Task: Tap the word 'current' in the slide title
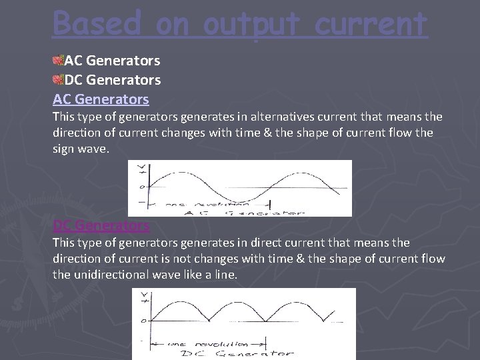click(371, 24)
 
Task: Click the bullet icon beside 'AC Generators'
click(58, 61)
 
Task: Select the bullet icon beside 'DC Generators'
click(58, 80)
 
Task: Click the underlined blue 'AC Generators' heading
click(101, 99)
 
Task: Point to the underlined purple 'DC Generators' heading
click(101, 225)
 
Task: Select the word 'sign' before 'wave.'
click(64, 148)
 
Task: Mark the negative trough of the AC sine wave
click(244, 197)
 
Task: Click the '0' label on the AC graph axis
click(141, 187)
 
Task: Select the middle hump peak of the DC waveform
click(240, 304)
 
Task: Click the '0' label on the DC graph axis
click(142, 321)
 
